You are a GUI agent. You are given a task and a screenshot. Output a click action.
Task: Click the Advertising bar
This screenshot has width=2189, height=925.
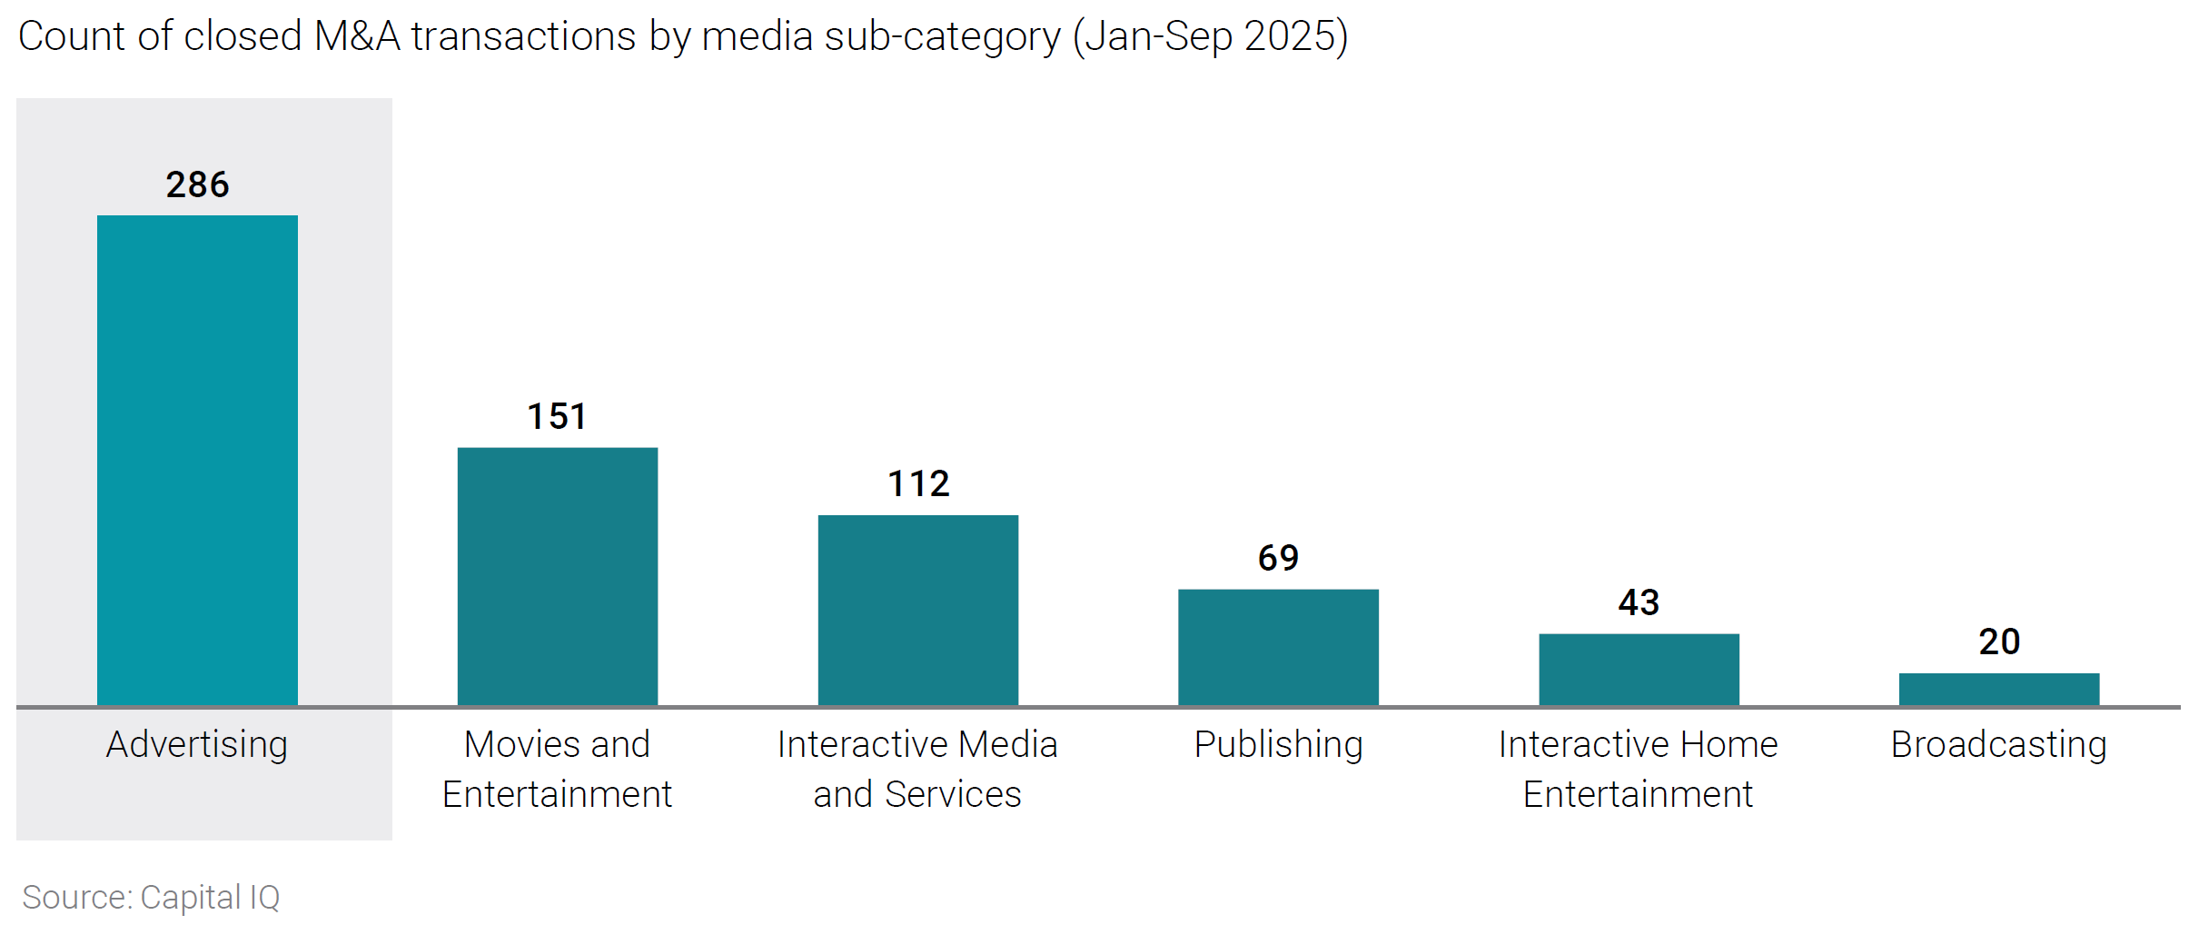[x=197, y=460]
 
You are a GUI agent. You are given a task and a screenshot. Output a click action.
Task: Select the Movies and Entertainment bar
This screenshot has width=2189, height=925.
[x=558, y=576]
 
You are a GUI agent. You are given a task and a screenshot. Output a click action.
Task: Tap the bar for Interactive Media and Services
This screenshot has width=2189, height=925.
[x=917, y=610]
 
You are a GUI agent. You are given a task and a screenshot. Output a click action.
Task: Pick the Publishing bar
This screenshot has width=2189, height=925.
[x=1278, y=647]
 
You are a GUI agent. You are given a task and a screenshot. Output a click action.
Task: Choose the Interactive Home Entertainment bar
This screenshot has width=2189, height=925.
[x=1639, y=669]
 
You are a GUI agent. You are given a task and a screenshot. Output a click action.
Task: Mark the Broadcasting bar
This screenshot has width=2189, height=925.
[x=1998, y=689]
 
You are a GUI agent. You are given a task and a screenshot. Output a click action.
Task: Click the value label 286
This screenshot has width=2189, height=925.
[x=197, y=184]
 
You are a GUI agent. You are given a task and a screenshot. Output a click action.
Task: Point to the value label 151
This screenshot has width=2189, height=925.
[x=557, y=416]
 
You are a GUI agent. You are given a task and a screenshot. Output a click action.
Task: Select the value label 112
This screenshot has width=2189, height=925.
[x=918, y=483]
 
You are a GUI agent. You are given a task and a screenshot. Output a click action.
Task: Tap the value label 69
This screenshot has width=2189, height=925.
[x=1278, y=558]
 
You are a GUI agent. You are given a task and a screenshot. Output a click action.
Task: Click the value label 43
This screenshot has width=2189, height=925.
[x=1639, y=602]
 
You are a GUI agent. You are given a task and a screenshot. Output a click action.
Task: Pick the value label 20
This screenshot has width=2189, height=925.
[x=1999, y=642]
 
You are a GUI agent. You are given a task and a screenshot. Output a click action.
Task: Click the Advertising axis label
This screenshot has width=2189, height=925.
[x=197, y=744]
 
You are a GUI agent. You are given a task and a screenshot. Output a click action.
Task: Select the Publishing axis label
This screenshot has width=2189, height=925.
[x=1278, y=744]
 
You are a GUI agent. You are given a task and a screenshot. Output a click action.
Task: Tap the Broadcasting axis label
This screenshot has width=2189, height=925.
[x=1998, y=744]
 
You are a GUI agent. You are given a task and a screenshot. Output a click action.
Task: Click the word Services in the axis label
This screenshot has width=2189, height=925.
[x=953, y=794]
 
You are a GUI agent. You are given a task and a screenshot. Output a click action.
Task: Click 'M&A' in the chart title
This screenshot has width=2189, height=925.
[x=357, y=36]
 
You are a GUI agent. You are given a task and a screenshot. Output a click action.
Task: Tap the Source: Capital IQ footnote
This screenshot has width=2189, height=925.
[x=151, y=897]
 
